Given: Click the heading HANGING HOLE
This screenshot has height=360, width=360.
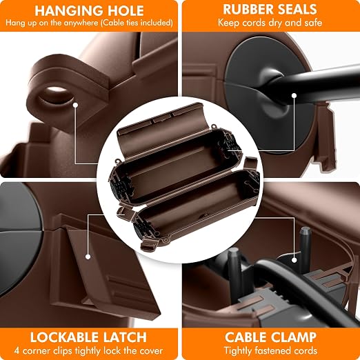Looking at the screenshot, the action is pos(89,10).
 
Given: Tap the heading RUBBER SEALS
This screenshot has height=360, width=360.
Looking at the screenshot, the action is pos(270,10).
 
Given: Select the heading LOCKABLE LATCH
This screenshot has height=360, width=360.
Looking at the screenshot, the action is pos(88,337).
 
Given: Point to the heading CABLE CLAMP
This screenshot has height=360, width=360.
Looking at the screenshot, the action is pos(270,337).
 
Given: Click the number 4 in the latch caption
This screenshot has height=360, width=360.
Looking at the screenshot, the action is pos(17,351).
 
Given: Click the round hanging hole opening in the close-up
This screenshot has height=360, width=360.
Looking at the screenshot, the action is pos(56,96).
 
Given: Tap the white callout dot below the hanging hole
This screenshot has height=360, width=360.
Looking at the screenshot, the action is pos(75,105).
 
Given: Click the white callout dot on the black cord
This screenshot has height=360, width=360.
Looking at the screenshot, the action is pos(294,95).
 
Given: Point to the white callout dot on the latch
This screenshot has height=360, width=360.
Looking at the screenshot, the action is pos(88,257).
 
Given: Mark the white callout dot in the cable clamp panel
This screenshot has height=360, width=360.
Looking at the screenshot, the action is pos(294,260).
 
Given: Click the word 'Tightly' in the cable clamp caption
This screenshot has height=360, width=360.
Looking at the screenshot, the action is pos(237,351).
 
